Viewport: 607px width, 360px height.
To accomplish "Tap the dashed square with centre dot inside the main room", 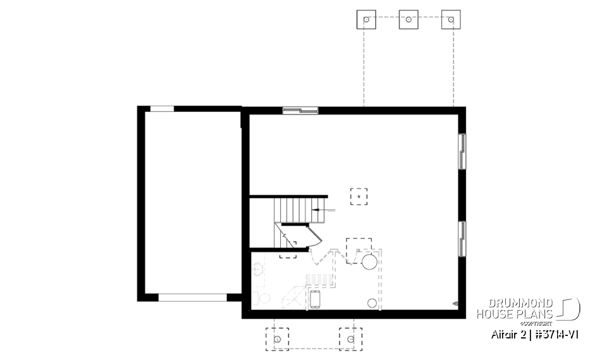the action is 359,197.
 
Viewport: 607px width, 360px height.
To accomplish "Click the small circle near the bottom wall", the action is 372,303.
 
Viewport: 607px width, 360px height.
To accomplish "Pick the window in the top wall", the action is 300,111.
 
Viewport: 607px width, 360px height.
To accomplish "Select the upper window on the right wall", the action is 462,151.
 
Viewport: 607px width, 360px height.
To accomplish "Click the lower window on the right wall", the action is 462,238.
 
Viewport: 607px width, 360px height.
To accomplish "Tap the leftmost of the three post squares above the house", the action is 366,20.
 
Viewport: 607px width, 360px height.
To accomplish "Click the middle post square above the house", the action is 408,20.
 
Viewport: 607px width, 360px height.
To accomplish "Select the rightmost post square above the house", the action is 451,20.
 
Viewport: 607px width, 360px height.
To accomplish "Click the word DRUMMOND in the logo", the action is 514,304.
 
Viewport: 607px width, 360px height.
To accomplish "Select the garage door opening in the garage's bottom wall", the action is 192,297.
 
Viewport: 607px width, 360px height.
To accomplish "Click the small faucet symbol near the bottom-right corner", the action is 455,304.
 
